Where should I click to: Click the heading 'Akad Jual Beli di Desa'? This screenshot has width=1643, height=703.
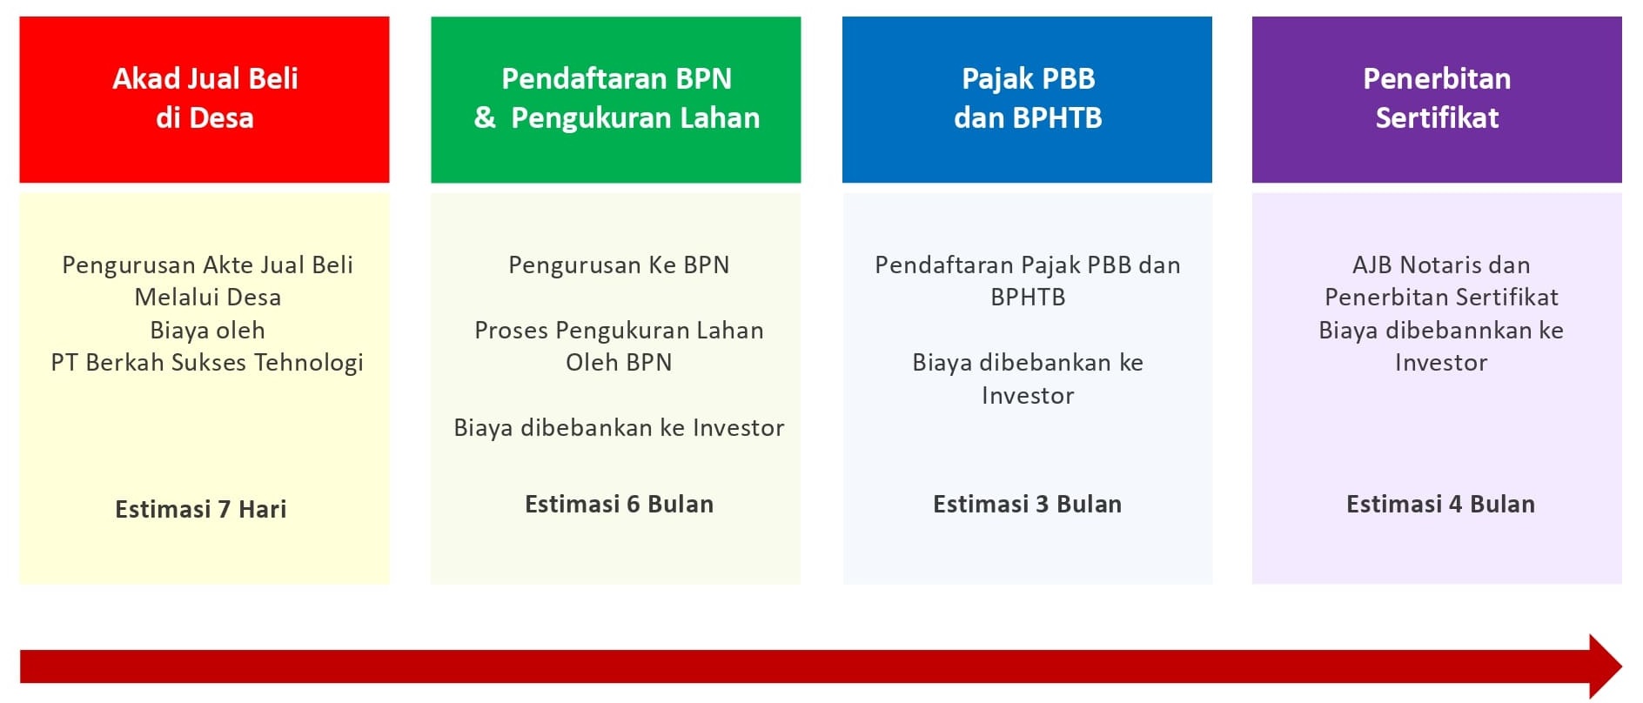tap(205, 97)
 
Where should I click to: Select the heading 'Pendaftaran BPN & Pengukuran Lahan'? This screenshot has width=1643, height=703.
tap(616, 97)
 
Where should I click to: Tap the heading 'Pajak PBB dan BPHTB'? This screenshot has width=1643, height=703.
tap(1028, 97)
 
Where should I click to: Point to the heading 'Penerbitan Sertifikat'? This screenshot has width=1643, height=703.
tap(1437, 97)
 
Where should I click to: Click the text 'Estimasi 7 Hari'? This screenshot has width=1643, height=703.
tap(201, 509)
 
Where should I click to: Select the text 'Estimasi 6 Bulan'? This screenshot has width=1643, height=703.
tap(619, 504)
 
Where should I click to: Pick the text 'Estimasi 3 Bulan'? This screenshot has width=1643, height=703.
tap(1027, 504)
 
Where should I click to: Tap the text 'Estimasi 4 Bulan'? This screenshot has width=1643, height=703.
tap(1440, 504)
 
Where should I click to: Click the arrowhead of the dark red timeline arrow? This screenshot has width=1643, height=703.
tap(1606, 666)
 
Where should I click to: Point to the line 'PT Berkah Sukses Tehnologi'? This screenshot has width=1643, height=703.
tap(207, 363)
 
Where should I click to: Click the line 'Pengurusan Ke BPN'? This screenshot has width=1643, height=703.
tap(619, 264)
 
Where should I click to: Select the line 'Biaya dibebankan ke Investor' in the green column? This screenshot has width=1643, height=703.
tap(619, 427)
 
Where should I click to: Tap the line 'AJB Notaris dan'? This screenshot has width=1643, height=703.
tap(1441, 264)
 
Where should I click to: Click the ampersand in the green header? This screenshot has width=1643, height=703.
tap(485, 117)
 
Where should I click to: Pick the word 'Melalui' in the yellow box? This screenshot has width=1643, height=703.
tap(170, 297)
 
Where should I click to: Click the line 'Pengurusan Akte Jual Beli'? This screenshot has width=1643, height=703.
tap(207, 264)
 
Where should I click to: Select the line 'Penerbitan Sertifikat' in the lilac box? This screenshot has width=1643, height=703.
tap(1441, 297)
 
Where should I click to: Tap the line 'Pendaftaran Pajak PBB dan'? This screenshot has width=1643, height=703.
tap(1028, 264)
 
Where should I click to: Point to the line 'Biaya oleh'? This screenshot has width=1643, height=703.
tap(207, 330)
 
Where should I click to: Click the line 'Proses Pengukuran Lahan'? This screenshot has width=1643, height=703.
tap(619, 330)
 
